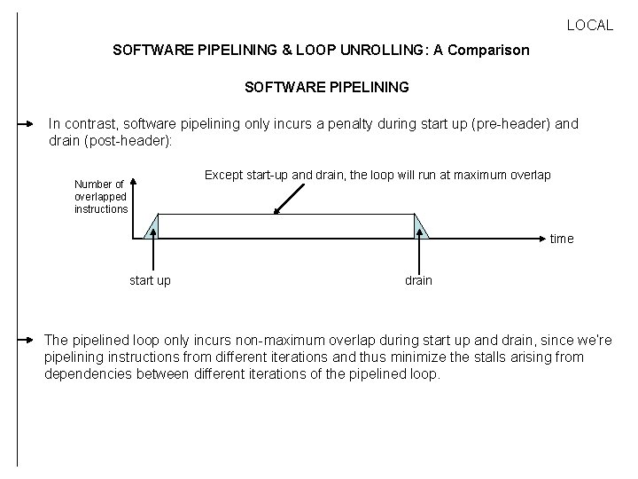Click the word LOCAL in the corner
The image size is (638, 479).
click(x=589, y=26)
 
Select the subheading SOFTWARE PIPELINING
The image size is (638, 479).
click(x=326, y=88)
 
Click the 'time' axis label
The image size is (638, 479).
click(x=562, y=239)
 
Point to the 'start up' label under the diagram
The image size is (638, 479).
click(x=151, y=280)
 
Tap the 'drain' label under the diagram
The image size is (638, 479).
click(x=418, y=280)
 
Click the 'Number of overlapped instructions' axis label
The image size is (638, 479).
click(x=100, y=197)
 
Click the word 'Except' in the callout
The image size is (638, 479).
click(x=223, y=175)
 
